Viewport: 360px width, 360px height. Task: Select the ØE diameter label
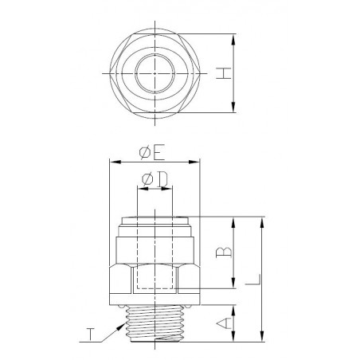click(x=154, y=150)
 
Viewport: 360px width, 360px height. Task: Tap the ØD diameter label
click(x=154, y=180)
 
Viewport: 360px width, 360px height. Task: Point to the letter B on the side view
click(x=224, y=253)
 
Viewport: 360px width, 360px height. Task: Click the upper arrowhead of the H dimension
click(x=234, y=37)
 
